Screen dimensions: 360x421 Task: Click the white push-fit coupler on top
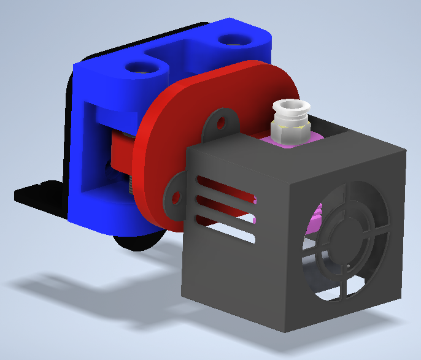(289, 111)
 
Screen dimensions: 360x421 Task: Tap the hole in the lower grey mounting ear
(177, 197)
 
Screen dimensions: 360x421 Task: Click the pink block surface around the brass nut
(307, 139)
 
